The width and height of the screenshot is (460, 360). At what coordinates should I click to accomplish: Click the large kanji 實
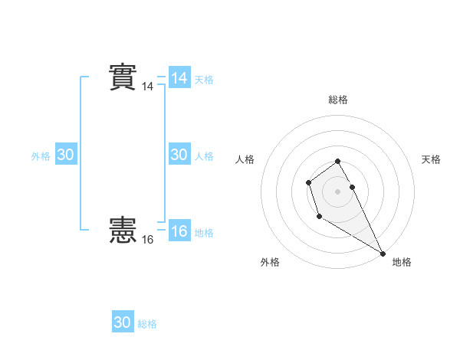(123, 77)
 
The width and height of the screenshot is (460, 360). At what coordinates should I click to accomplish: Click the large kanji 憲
(123, 230)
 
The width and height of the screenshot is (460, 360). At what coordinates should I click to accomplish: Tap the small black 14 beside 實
(147, 87)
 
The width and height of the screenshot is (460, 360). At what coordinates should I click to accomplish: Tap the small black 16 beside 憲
(147, 240)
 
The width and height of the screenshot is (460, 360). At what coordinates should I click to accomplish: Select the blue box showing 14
(179, 78)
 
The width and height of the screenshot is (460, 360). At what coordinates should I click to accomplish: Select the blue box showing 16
(179, 231)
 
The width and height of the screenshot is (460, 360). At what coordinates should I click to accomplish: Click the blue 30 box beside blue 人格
(179, 155)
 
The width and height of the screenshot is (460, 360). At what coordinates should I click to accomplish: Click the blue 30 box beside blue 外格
(66, 155)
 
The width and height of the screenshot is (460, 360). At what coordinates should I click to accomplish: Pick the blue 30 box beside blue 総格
(123, 322)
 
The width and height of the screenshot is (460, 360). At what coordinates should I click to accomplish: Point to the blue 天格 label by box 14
(204, 80)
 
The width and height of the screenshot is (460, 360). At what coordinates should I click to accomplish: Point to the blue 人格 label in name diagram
(204, 156)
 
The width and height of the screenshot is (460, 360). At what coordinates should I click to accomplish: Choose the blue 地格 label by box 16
(204, 233)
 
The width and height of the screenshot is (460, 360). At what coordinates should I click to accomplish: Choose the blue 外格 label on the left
(41, 156)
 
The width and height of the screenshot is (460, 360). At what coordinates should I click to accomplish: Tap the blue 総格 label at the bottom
(147, 324)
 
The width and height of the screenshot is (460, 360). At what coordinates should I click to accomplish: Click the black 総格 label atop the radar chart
(338, 100)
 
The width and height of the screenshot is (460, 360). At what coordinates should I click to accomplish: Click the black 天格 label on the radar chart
(432, 159)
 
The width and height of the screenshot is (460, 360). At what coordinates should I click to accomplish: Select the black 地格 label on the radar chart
(402, 262)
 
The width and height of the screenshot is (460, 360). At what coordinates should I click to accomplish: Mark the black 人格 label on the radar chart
(245, 159)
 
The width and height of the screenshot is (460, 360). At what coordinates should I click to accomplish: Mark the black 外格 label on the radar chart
(270, 262)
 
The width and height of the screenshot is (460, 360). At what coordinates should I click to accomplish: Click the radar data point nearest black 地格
(383, 254)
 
